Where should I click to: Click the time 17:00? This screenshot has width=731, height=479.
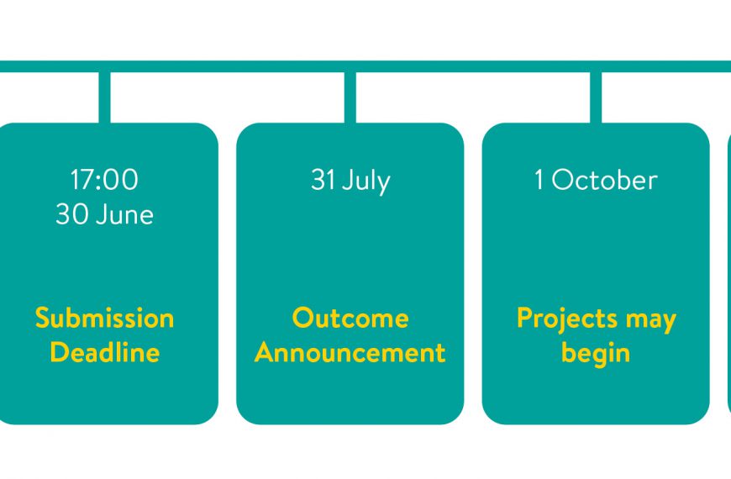pyautogui.click(x=104, y=180)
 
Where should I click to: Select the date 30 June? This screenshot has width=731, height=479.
pyautogui.click(x=104, y=214)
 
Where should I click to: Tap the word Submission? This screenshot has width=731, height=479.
pyautogui.click(x=104, y=318)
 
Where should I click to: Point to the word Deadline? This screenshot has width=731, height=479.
pyautogui.click(x=105, y=352)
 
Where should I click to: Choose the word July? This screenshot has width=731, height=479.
pyautogui.click(x=366, y=182)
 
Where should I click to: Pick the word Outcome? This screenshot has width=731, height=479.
pyautogui.click(x=350, y=318)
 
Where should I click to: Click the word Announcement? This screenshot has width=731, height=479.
pyautogui.click(x=350, y=353)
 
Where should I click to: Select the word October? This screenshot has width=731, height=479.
pyautogui.click(x=605, y=180)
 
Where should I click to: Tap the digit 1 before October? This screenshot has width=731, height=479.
pyautogui.click(x=539, y=180)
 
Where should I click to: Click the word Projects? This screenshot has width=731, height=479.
pyautogui.click(x=567, y=320)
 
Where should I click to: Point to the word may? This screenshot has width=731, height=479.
pyautogui.click(x=651, y=322)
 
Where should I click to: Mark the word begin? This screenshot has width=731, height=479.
pyautogui.click(x=596, y=354)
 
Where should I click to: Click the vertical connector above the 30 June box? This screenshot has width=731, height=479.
pyautogui.click(x=104, y=97)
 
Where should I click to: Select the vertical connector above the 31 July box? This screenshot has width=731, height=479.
pyautogui.click(x=350, y=97)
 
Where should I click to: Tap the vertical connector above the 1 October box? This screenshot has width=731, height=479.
pyautogui.click(x=596, y=97)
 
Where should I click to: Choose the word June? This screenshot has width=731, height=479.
pyautogui.click(x=124, y=214)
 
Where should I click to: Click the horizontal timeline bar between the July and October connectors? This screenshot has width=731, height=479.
pyautogui.click(x=473, y=66)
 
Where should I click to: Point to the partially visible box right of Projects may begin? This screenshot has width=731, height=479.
pyautogui.click(x=729, y=274)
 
